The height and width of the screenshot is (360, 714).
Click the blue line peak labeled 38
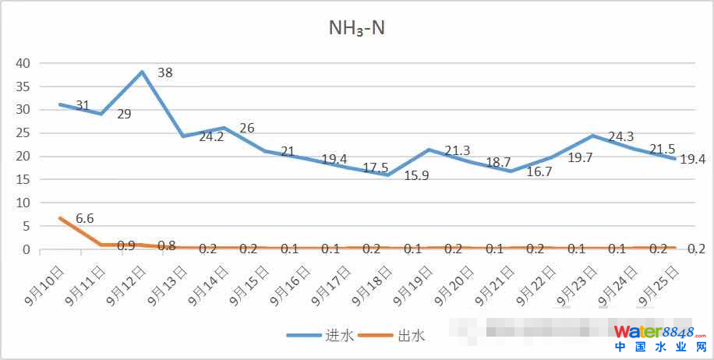click(x=142, y=72)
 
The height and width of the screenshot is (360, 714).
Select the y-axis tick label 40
click(x=23, y=63)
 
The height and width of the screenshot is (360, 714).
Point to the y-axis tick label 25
click(x=23, y=133)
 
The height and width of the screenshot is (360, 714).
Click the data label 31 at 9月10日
click(x=83, y=105)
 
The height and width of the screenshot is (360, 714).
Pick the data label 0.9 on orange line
click(x=125, y=245)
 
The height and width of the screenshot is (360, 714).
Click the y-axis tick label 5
click(x=26, y=227)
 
